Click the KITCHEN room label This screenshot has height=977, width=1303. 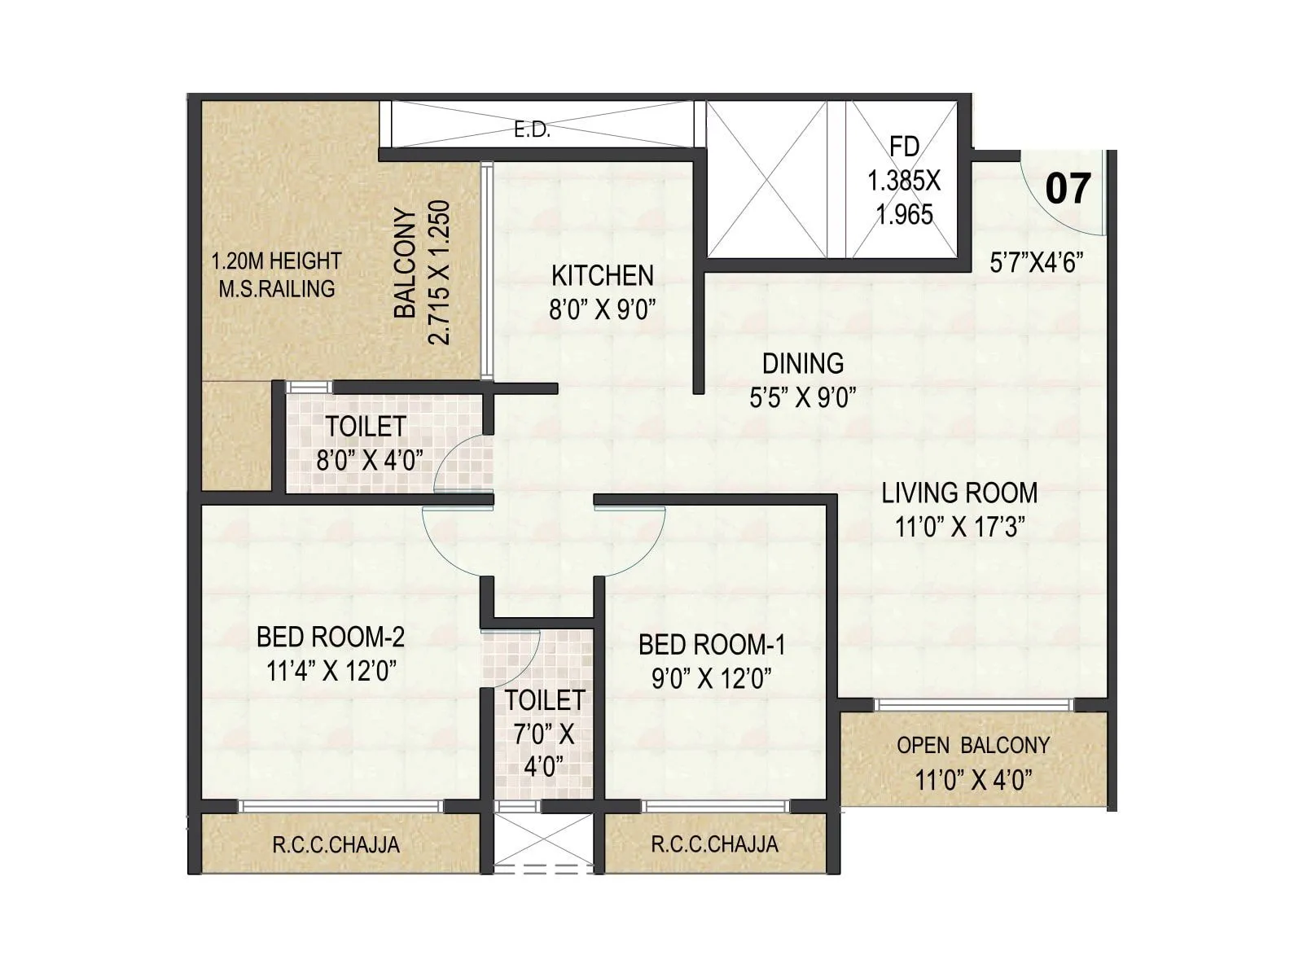602,276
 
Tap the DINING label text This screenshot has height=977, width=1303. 802,363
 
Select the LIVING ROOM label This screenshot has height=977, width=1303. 959,493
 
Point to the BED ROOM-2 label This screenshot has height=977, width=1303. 330,637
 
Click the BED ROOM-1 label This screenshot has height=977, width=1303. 712,645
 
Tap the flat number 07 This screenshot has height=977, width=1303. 1067,189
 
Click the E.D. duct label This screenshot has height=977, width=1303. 533,130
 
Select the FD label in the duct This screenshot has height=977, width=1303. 904,147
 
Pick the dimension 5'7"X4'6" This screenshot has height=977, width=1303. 1036,262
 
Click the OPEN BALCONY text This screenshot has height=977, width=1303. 972,745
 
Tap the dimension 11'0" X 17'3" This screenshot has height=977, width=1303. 959,527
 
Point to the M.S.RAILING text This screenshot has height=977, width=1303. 276,288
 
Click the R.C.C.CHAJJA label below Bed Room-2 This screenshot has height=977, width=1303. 336,844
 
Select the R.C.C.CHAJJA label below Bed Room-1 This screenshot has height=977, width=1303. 714,843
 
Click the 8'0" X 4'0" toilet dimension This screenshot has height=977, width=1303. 369,461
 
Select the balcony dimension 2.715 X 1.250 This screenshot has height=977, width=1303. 439,273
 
